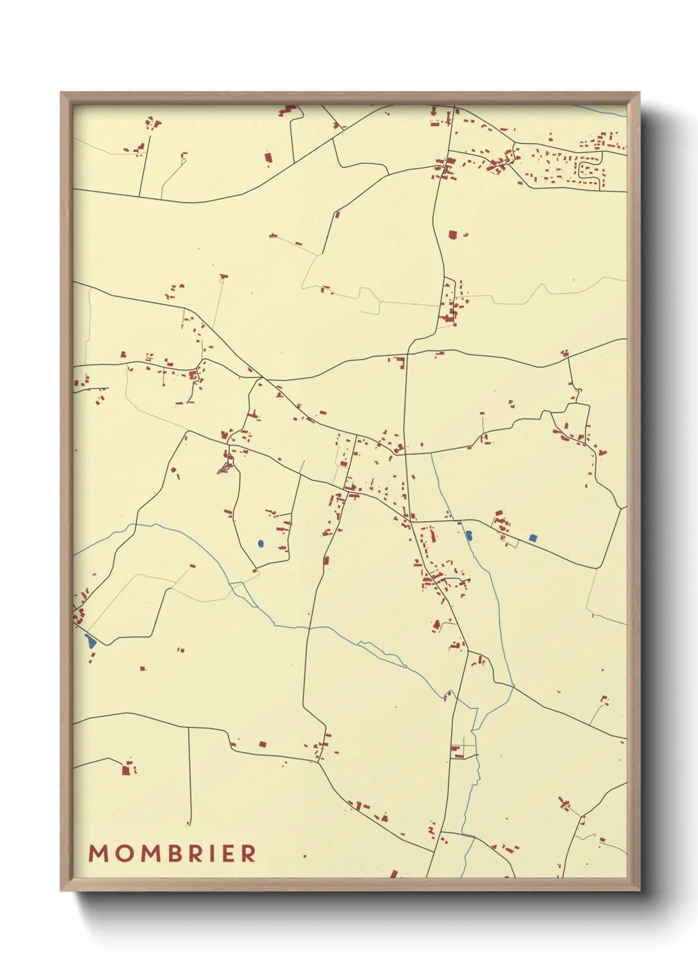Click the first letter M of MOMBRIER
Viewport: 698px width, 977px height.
tap(98, 854)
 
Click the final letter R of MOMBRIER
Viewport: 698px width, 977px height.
tap(249, 854)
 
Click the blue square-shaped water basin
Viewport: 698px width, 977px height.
tap(533, 538)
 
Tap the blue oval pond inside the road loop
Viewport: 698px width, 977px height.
tap(261, 544)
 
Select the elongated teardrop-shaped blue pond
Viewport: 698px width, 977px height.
tap(90, 640)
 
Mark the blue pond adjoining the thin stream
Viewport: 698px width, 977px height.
tap(469, 535)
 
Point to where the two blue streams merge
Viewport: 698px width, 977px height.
tap(476, 727)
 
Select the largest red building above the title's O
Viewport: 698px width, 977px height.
tap(126, 769)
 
